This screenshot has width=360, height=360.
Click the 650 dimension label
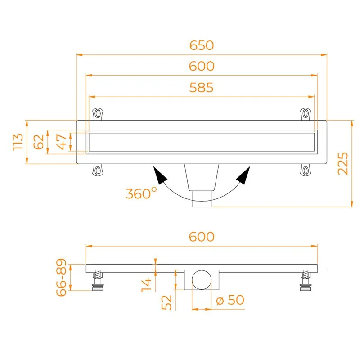(x=202, y=45)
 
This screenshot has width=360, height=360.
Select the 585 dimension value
(x=201, y=88)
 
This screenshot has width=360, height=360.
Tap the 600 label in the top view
(x=202, y=66)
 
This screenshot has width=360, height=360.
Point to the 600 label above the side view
(x=202, y=237)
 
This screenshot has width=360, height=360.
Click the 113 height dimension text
(x=18, y=142)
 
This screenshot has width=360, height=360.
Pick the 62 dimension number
(x=39, y=142)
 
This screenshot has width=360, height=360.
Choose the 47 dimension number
(x=61, y=142)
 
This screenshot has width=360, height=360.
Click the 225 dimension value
(x=343, y=163)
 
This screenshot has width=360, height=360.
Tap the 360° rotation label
(x=141, y=193)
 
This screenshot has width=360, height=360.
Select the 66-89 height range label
(x=61, y=277)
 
